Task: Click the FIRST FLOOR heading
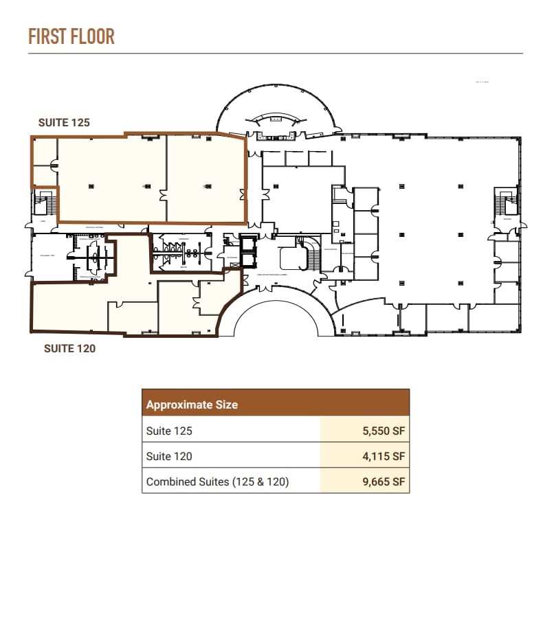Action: click(x=71, y=36)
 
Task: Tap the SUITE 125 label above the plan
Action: click(x=64, y=122)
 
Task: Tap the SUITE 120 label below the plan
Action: click(x=69, y=348)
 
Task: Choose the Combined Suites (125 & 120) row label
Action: click(x=217, y=481)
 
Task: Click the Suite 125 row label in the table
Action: click(x=169, y=431)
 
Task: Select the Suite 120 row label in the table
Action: click(x=169, y=456)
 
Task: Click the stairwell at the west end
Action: click(x=45, y=203)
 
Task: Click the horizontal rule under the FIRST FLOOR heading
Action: click(x=275, y=54)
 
